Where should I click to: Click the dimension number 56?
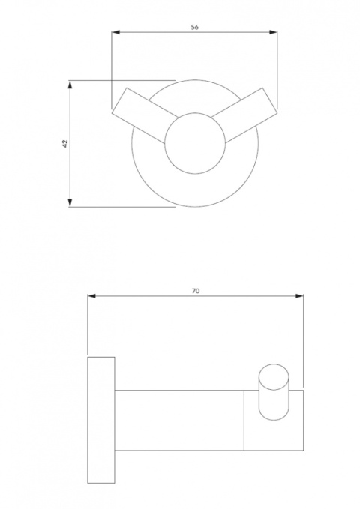coord(195,26)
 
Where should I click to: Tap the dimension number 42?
coord(65,142)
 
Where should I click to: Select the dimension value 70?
coord(196,290)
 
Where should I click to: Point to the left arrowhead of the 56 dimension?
coord(115,31)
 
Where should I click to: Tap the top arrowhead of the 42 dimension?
coord(70,84)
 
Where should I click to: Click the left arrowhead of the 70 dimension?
coord(91,295)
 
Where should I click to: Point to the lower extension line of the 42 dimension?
coord(120,207)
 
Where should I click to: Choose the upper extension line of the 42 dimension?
coord(120,80)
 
